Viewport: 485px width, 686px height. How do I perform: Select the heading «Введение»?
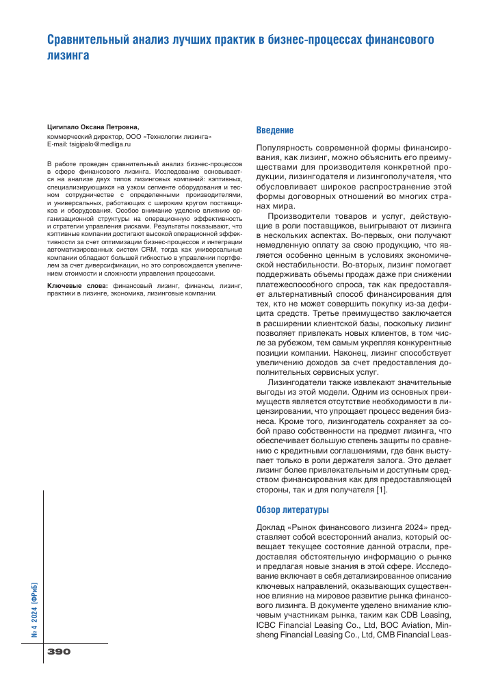pos(275,130)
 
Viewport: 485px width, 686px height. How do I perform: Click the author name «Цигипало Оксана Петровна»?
pos(92,127)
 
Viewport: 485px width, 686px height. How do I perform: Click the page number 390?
pos(59,652)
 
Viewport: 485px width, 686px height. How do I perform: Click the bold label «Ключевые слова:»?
pos(73,285)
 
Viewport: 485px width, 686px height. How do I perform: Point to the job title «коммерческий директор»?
pos(79,135)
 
